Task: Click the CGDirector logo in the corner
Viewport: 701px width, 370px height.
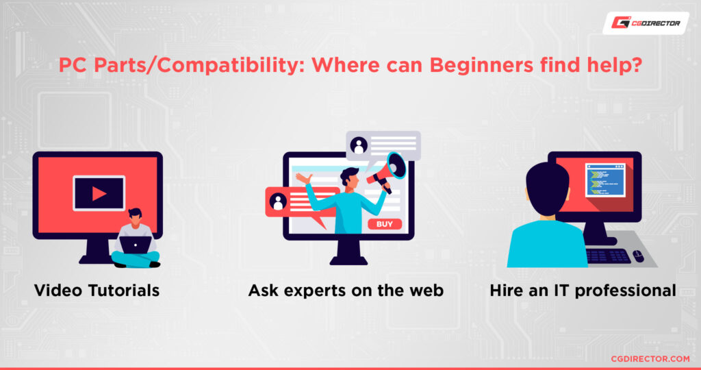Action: click(x=646, y=23)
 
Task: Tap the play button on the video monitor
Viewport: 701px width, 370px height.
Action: click(x=99, y=194)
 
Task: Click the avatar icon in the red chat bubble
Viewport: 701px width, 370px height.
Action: click(x=278, y=201)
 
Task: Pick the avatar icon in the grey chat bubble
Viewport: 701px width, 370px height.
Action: click(x=359, y=145)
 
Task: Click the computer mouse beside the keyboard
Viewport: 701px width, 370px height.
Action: click(x=638, y=256)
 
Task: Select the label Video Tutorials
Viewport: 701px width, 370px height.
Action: click(x=97, y=291)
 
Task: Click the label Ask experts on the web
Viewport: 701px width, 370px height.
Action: click(x=346, y=291)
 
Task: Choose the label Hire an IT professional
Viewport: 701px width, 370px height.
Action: click(x=583, y=291)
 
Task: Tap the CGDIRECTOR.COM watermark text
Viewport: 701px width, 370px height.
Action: click(x=650, y=358)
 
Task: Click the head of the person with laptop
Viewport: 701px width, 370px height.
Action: click(x=135, y=216)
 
